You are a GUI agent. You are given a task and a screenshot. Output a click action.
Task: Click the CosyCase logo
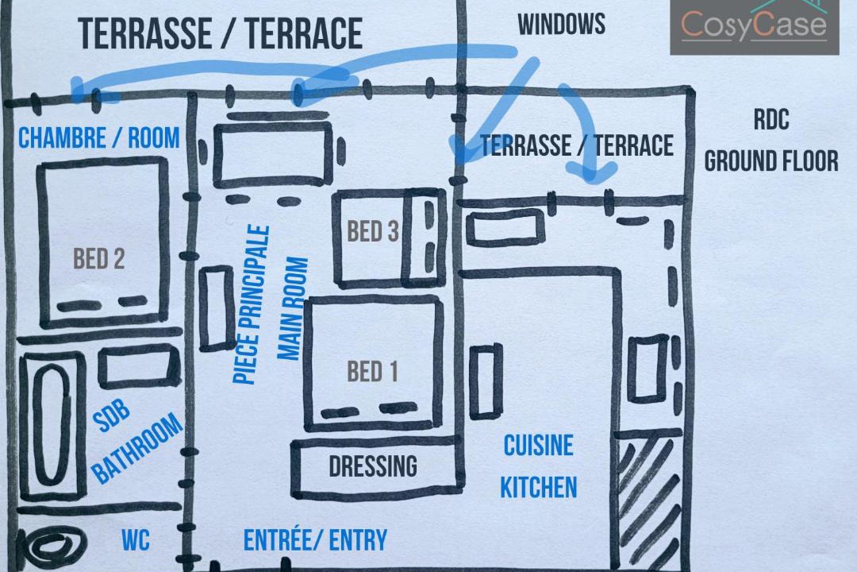point(755,26)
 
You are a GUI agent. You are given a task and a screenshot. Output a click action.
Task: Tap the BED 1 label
point(372,372)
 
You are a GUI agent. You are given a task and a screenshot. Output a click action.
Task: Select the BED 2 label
point(99,258)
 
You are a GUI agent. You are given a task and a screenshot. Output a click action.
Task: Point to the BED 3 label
point(373,231)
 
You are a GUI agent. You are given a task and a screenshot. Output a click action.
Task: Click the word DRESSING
point(373,466)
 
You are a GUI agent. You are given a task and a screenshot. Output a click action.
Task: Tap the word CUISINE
point(538,446)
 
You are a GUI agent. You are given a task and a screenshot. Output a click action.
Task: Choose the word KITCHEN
point(538,487)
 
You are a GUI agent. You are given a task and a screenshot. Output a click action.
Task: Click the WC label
point(136,540)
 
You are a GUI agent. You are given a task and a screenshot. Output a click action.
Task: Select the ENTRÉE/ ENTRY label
point(315,539)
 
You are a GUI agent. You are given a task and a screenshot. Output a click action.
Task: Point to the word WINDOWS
point(561,24)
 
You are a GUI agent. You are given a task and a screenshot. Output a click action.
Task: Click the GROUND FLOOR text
point(771,161)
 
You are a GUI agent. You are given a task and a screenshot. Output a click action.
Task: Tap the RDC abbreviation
point(771,119)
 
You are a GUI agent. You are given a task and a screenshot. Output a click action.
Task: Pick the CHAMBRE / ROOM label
point(99,137)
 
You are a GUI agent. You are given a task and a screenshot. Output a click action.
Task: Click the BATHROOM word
point(137,449)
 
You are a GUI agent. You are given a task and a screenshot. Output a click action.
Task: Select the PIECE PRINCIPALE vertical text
point(252,304)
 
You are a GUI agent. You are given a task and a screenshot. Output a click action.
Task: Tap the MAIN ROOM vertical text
point(293,309)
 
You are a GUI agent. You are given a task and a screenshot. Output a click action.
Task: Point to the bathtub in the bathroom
point(52,426)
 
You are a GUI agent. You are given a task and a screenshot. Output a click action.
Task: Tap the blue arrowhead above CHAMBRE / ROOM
point(82,91)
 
